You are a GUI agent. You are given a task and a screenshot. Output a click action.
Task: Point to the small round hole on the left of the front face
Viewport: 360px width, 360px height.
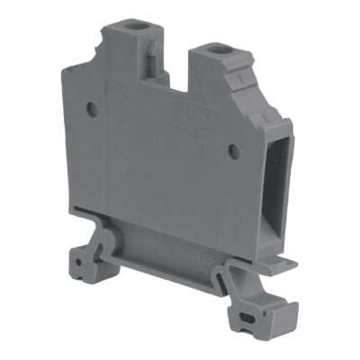click(x=92, y=110)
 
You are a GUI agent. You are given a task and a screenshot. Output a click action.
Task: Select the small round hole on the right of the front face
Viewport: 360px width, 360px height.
click(x=233, y=151)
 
